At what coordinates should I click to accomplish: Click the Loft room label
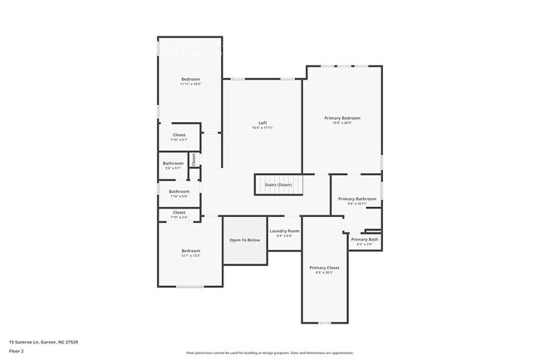pos(263,123)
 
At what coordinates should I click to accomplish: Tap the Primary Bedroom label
pos(342,118)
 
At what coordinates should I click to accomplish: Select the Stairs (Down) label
pos(278,185)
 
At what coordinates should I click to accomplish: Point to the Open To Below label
pos(245,239)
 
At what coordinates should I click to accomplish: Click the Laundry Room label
pos(283,230)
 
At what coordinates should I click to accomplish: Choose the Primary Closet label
pos(324,267)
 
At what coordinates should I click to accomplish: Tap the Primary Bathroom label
pos(357,199)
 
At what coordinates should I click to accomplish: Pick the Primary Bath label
pos(365,239)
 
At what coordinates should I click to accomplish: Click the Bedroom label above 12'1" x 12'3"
pos(191,250)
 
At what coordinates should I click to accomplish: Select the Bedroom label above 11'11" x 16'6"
pos(191,79)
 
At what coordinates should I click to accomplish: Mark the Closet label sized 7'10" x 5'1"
pos(179,135)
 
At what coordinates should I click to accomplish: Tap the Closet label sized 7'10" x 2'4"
pos(179,212)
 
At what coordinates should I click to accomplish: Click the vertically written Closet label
pos(194,158)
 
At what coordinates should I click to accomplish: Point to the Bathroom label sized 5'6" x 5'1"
pos(173,163)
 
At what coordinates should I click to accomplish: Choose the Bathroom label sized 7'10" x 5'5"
pos(179,191)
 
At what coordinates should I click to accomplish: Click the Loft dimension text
pos(263,128)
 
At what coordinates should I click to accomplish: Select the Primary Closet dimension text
pos(324,272)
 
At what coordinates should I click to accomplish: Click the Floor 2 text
pos(17,350)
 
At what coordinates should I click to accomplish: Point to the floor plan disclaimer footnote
pos(270,353)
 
